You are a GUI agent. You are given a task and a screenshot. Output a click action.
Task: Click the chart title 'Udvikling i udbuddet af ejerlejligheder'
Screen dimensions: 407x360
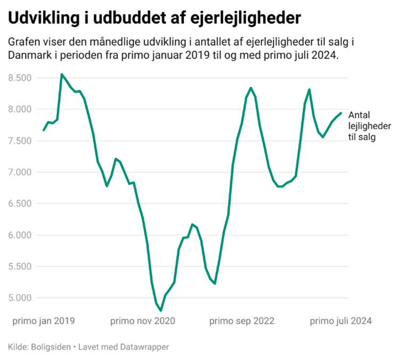[154, 18]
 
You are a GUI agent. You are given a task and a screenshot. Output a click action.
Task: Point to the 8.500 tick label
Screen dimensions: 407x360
[20, 78]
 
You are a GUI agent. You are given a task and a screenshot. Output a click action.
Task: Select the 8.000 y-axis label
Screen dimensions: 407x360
[20, 109]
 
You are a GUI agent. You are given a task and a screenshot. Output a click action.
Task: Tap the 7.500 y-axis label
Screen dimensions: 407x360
[20, 141]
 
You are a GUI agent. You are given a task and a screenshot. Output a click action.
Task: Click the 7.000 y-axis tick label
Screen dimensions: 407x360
[20, 172]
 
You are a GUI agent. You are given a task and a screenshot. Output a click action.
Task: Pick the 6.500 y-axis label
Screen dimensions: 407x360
[20, 203]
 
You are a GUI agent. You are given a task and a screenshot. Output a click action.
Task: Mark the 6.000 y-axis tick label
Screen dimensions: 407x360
[20, 235]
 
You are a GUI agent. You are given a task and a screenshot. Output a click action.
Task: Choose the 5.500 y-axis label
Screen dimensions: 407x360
[20, 266]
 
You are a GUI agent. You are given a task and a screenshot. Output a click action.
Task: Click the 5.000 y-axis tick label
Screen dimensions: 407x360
[20, 298]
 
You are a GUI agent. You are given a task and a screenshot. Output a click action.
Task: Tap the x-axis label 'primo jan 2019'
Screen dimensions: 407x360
[44, 321]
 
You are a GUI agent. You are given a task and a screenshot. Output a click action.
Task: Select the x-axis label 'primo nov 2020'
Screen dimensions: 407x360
[143, 321]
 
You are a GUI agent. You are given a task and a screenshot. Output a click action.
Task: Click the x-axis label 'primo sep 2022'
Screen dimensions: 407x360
[242, 321]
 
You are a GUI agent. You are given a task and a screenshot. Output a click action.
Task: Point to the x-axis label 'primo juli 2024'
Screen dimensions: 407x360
[341, 321]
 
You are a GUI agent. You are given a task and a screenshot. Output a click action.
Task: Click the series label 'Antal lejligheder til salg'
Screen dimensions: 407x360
[370, 126]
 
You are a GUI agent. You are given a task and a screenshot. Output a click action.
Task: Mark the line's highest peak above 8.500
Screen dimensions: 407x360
[62, 74]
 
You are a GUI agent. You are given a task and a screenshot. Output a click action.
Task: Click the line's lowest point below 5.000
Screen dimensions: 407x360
[161, 310]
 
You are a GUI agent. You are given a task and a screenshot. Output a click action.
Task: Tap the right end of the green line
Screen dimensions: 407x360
[341, 113]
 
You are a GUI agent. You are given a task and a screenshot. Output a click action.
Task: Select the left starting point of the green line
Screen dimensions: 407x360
[44, 130]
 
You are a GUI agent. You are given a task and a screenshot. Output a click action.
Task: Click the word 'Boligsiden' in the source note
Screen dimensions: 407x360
[51, 347]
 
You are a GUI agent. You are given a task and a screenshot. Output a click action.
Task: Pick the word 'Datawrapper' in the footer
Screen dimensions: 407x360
[144, 347]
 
